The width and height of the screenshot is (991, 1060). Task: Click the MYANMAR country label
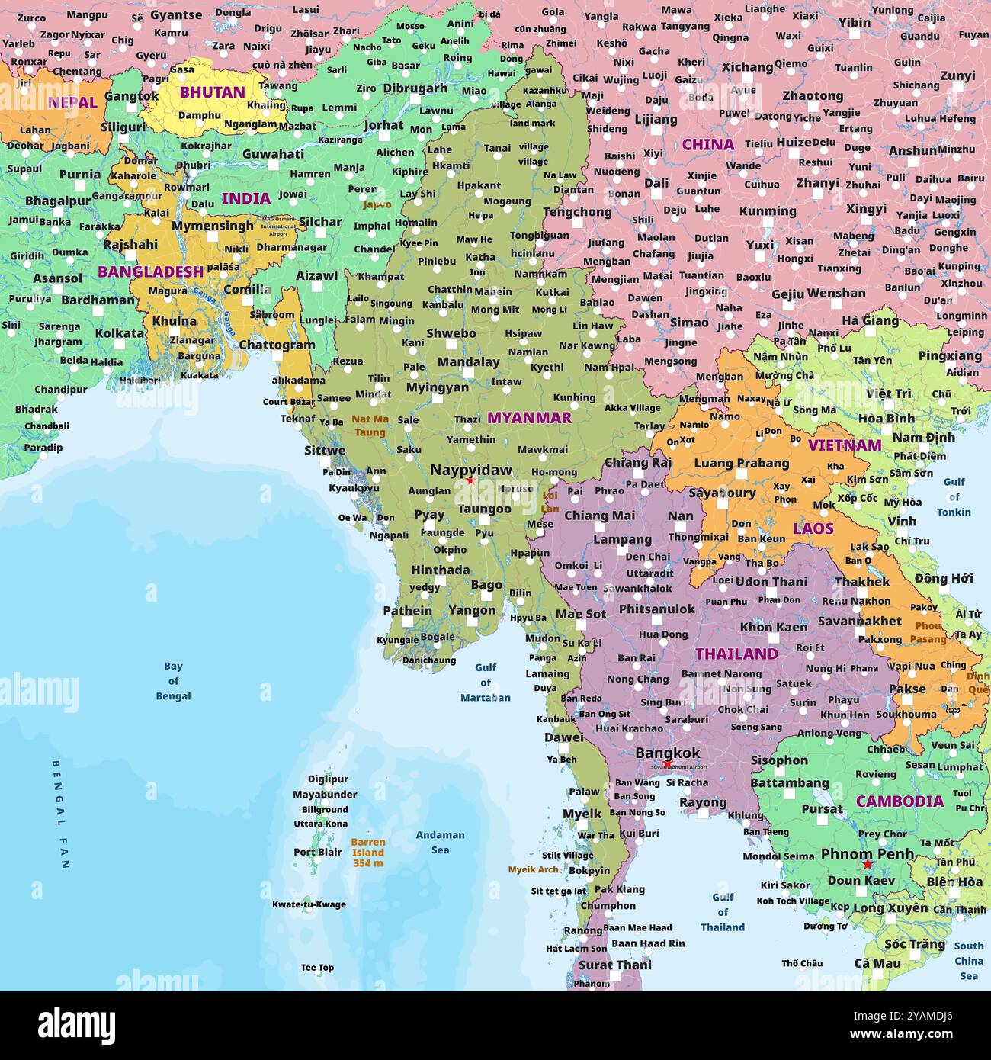click(x=529, y=418)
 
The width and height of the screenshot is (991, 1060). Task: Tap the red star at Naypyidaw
click(x=470, y=480)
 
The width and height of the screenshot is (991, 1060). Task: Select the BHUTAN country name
click(x=212, y=92)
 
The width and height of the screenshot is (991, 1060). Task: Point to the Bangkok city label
click(x=667, y=753)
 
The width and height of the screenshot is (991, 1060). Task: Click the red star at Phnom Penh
click(x=867, y=865)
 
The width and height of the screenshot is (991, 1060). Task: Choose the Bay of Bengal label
click(x=173, y=681)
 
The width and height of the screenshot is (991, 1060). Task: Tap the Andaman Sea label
click(x=440, y=842)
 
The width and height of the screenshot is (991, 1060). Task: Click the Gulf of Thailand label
click(x=722, y=912)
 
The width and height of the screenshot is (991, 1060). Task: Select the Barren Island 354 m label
click(x=368, y=853)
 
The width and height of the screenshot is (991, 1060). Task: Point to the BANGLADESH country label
click(x=150, y=271)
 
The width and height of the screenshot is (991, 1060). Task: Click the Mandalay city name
click(x=469, y=362)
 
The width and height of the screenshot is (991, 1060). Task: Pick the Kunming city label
click(x=768, y=211)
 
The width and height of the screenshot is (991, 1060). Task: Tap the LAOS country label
click(x=813, y=528)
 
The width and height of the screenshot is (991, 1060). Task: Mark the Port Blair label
click(x=318, y=852)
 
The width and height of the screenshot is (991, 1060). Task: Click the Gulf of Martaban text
click(x=486, y=683)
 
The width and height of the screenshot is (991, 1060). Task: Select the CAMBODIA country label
click(x=900, y=801)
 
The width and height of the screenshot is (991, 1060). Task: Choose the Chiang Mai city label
click(x=599, y=516)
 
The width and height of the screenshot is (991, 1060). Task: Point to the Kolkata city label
click(x=120, y=333)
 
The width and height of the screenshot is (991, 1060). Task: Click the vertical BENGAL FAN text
click(x=61, y=814)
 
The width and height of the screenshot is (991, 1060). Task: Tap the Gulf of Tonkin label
click(x=954, y=496)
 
